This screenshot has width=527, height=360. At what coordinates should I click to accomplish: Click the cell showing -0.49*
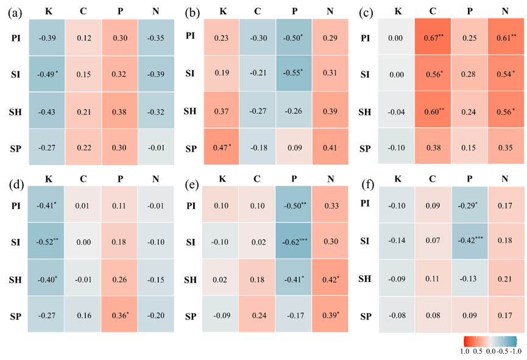48,74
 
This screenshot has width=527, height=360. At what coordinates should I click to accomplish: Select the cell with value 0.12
84,38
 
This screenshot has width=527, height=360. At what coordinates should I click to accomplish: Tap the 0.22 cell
84,147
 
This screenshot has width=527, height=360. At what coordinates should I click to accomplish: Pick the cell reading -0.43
48,111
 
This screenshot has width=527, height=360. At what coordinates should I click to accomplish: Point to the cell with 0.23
222,38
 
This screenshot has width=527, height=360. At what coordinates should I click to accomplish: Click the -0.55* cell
294,73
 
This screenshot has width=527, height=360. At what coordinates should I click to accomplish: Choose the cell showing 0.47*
222,147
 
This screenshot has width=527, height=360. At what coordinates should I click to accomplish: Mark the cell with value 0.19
222,73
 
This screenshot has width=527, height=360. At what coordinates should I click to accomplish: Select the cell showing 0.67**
433,38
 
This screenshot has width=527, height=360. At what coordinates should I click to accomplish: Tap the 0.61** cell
505,38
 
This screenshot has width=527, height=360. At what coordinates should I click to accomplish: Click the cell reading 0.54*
505,74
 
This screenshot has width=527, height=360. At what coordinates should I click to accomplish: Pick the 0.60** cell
433,111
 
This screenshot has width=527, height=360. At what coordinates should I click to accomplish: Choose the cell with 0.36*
119,315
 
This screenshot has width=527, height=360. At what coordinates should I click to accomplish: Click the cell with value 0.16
83,315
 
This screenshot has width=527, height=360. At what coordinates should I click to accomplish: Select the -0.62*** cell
294,242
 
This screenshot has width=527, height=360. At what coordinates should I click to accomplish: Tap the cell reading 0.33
330,206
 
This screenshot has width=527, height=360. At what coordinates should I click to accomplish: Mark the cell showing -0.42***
470,241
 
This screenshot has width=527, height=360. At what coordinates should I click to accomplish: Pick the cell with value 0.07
433,241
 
